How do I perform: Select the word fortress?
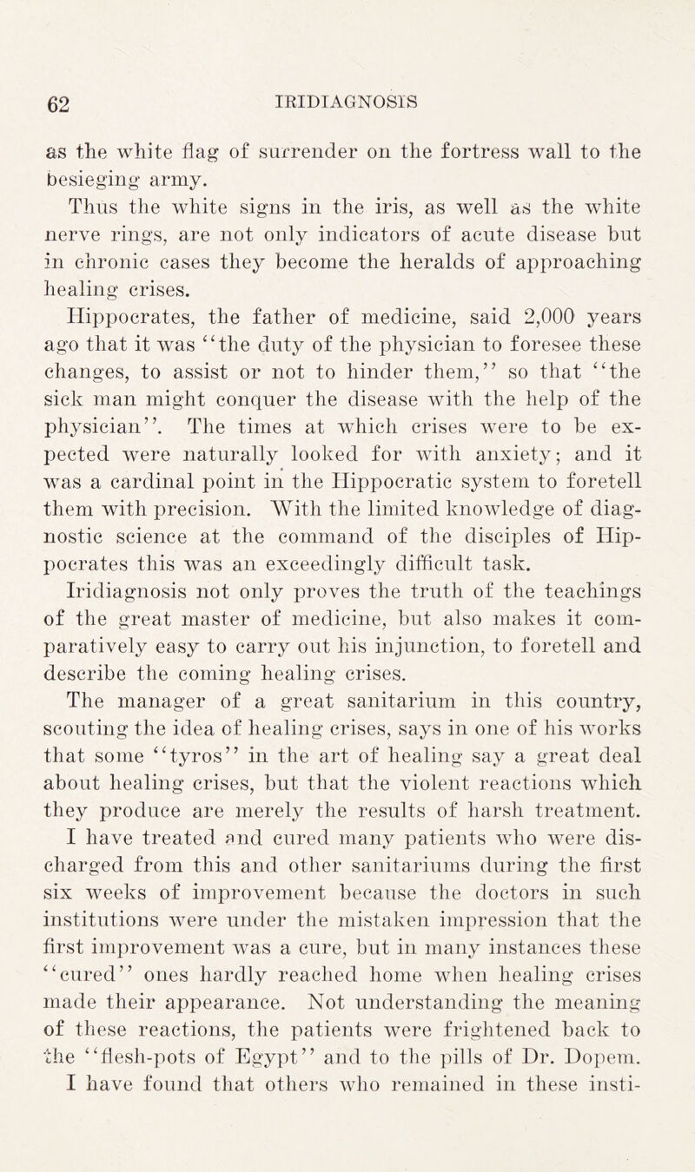[495, 134]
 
